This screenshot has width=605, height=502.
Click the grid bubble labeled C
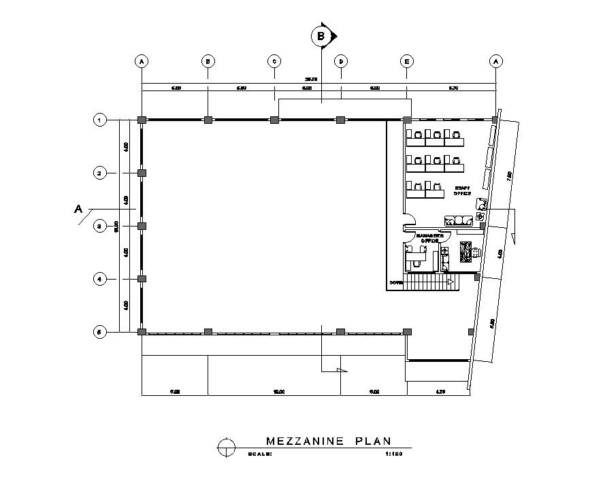click(x=274, y=61)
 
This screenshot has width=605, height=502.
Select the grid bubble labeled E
click(x=407, y=61)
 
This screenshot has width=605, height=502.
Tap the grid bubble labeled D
click(x=341, y=61)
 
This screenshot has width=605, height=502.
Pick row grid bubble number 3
click(x=99, y=226)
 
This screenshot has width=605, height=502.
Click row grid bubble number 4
click(x=99, y=278)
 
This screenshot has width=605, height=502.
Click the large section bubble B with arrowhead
click(x=321, y=35)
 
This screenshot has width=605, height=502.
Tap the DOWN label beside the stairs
click(x=395, y=282)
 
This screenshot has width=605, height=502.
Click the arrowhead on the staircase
click(x=450, y=281)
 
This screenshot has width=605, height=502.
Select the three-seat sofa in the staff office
click(x=459, y=220)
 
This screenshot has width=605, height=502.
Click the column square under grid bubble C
click(x=274, y=120)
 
